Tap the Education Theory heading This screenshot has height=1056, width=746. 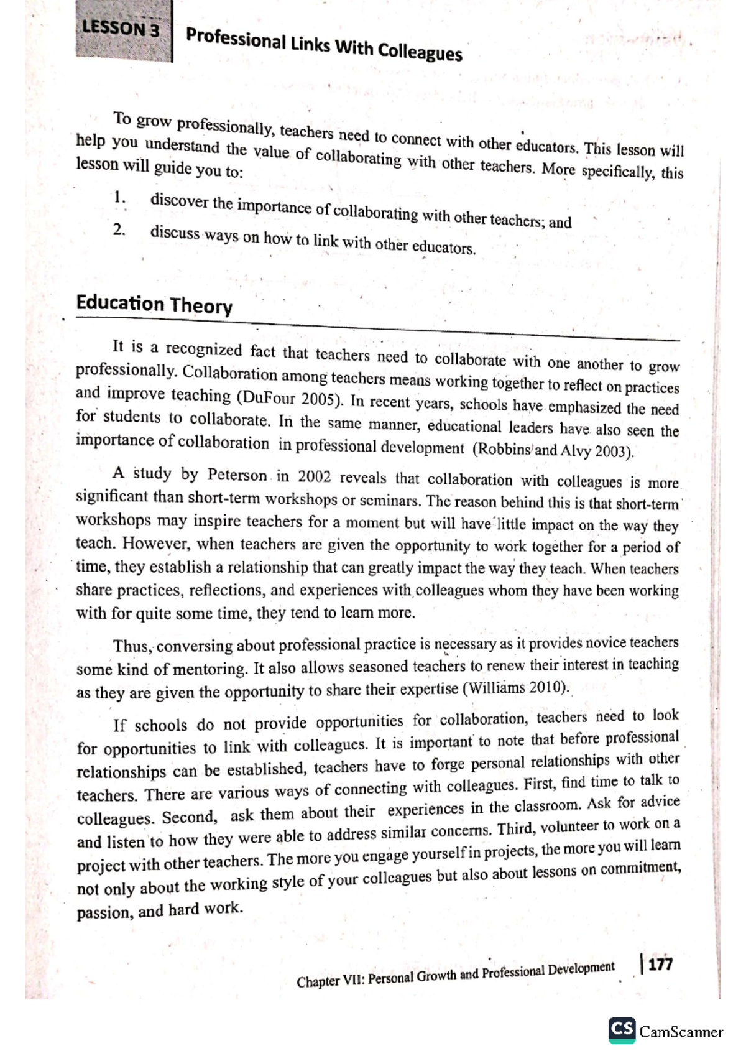pyautogui.click(x=154, y=304)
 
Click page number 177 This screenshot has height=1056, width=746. pyautogui.click(x=660, y=965)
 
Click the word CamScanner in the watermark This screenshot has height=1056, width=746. pyautogui.click(x=681, y=1032)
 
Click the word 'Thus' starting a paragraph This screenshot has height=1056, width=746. pyautogui.click(x=131, y=647)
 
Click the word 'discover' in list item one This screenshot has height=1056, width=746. pyautogui.click(x=180, y=201)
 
